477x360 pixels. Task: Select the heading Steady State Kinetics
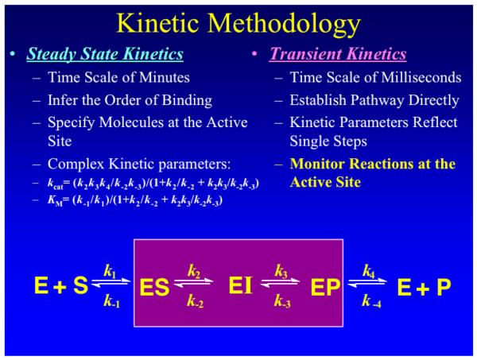105,54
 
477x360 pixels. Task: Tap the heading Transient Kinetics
338,54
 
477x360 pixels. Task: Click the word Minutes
165,77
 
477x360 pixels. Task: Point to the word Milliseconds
421,77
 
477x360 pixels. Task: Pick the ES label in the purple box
154,287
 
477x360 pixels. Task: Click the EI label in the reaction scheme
240,286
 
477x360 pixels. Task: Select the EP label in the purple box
325,287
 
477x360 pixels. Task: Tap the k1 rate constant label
110,271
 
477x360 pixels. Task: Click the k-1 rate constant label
111,300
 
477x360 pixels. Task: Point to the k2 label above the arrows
194,271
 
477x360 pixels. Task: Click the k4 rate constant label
368,271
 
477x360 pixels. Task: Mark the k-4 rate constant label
371,301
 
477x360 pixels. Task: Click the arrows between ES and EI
193,283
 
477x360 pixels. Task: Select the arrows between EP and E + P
367,283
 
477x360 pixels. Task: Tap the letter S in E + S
80,285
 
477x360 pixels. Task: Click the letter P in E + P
444,287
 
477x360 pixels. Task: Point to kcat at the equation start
55,184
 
